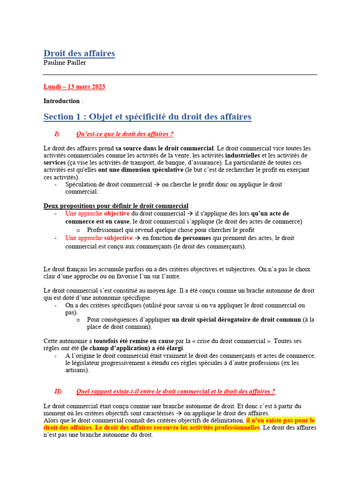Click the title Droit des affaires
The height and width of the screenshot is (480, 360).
(x=79, y=53)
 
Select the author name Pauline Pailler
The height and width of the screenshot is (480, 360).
(x=65, y=63)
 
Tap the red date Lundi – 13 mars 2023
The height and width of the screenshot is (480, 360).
(x=74, y=87)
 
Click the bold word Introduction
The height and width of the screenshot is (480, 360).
(x=61, y=101)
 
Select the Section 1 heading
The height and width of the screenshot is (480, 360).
(x=147, y=117)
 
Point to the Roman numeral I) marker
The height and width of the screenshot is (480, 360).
(x=57, y=135)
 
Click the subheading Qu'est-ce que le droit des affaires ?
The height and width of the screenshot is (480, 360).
(x=125, y=135)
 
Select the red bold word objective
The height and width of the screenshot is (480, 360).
(x=117, y=213)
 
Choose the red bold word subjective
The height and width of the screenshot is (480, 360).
(x=118, y=238)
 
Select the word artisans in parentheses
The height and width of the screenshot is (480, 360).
(x=76, y=370)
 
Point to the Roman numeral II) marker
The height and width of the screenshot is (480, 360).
(x=58, y=391)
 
